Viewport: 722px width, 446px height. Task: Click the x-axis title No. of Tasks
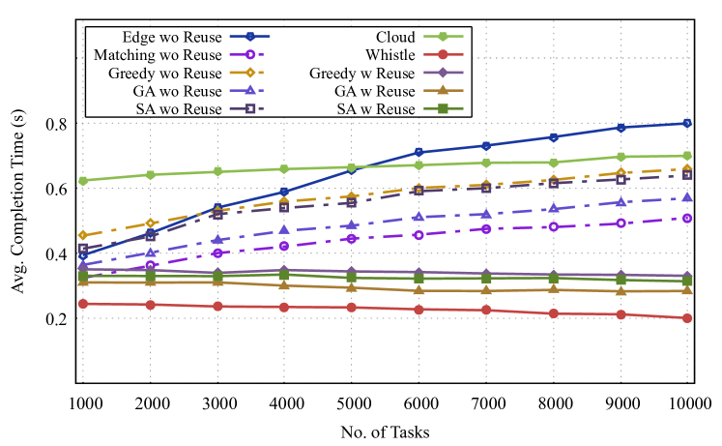(386, 431)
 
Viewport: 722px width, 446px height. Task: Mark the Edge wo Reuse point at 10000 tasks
(686, 123)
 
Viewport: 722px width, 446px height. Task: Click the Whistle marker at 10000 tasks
(686, 318)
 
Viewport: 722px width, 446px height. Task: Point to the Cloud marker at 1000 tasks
(84, 181)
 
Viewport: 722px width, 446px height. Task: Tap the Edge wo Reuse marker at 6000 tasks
(419, 152)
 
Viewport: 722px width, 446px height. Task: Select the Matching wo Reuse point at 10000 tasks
(686, 219)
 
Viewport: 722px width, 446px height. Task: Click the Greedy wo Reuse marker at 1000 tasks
(84, 235)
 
